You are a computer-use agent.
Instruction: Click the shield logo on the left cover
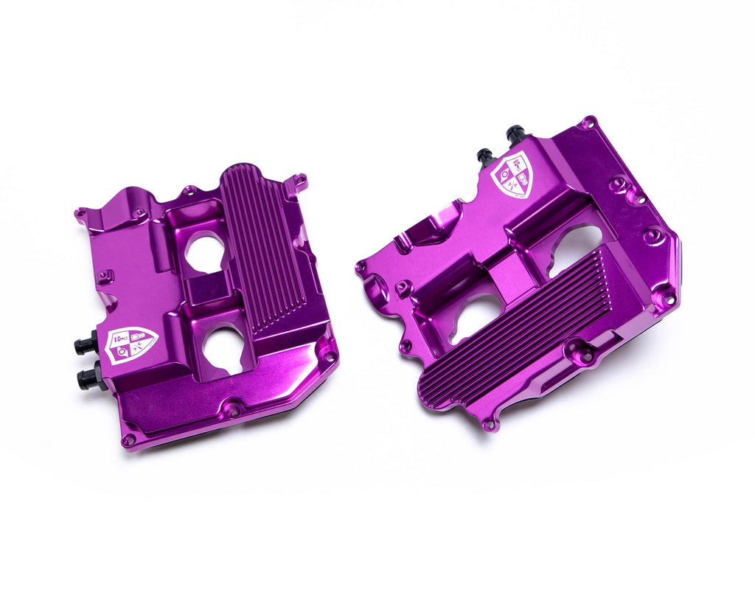(131, 344)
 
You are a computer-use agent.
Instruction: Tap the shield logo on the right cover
(512, 175)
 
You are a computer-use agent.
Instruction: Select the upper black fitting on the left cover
(86, 344)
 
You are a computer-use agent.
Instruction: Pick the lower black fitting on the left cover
(90, 378)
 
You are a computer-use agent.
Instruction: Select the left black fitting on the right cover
(485, 157)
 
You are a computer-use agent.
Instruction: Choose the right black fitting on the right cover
(515, 134)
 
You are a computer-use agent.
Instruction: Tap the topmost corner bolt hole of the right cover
(588, 122)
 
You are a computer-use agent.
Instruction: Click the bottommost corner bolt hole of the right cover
(488, 425)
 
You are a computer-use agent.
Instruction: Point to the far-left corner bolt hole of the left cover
(80, 215)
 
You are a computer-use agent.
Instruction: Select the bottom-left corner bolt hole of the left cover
(129, 440)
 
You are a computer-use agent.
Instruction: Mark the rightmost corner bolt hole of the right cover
(669, 298)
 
